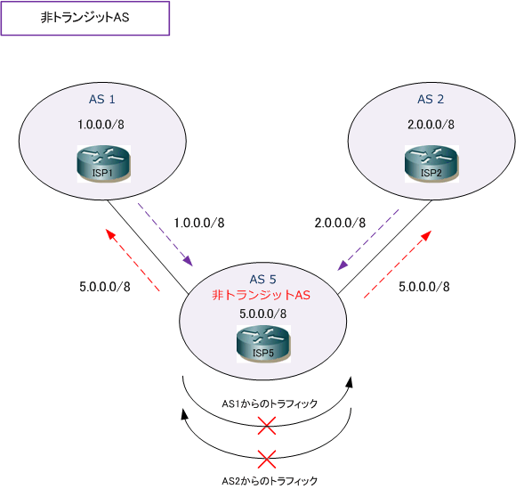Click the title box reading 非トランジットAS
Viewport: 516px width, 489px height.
pyautogui.click(x=85, y=18)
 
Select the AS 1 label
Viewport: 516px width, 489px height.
pyautogui.click(x=102, y=99)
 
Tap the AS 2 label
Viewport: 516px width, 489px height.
pyautogui.click(x=431, y=99)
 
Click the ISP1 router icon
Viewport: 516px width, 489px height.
pyautogui.click(x=104, y=164)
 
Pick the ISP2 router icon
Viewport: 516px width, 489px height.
pyautogui.click(x=431, y=164)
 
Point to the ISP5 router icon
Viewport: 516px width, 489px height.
pyautogui.click(x=263, y=344)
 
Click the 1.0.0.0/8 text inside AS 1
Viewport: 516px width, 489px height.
pyautogui.click(x=101, y=125)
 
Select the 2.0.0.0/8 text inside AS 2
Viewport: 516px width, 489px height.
pyautogui.click(x=431, y=125)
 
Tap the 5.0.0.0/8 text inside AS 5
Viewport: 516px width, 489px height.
pyautogui.click(x=263, y=314)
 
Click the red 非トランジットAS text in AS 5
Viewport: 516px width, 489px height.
pyautogui.click(x=261, y=295)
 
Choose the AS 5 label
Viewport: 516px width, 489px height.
pyautogui.click(x=262, y=280)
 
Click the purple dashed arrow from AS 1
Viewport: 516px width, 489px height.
pyautogui.click(x=165, y=234)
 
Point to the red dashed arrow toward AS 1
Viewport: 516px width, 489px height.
pyautogui.click(x=133, y=260)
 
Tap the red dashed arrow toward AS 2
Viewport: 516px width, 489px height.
pyautogui.click(x=398, y=265)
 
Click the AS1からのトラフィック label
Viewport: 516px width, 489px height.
pyautogui.click(x=270, y=403)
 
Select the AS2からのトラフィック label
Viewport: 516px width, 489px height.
pyautogui.click(x=270, y=481)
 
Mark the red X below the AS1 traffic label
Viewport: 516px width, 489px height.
pyautogui.click(x=267, y=426)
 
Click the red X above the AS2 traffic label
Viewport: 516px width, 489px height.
pyautogui.click(x=267, y=459)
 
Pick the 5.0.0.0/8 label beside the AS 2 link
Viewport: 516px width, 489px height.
pyautogui.click(x=424, y=287)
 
